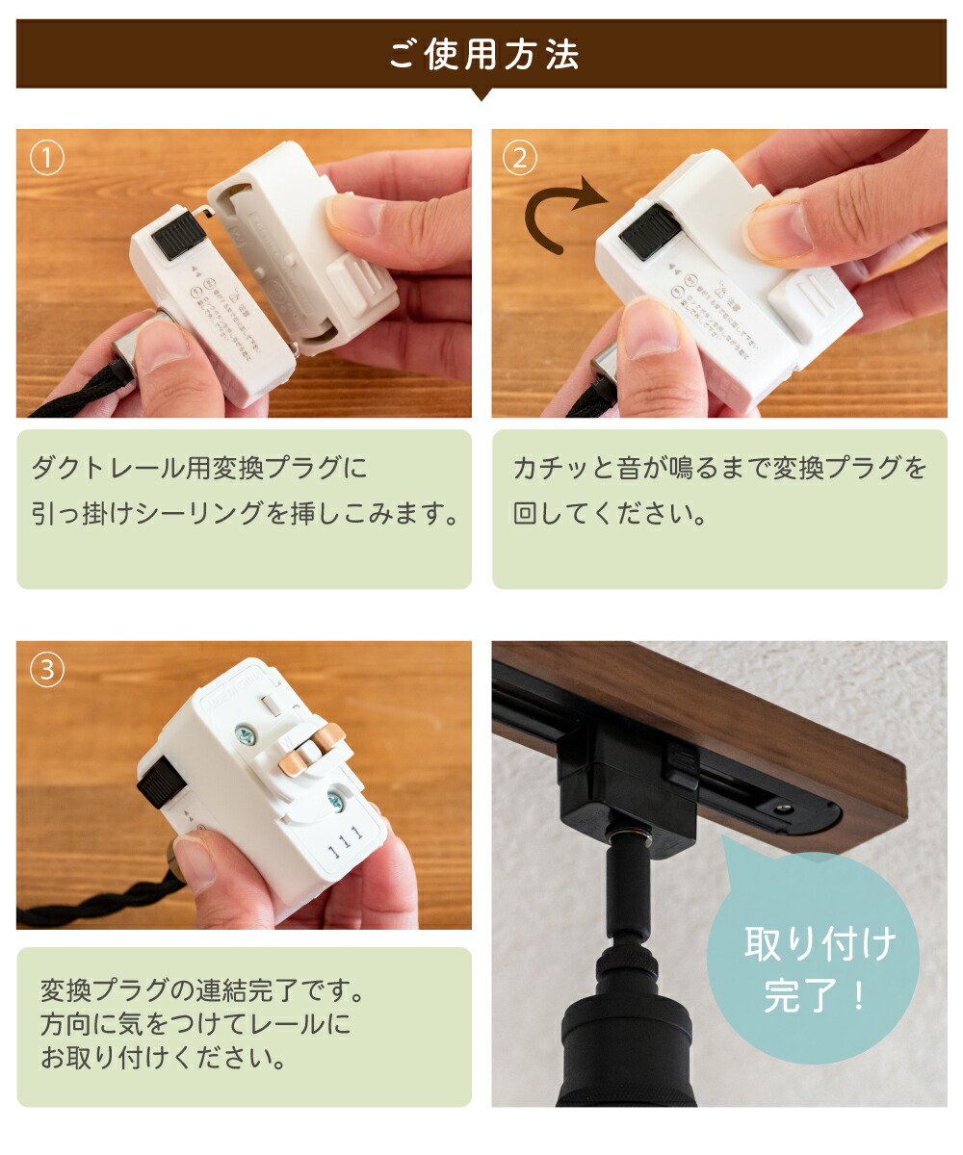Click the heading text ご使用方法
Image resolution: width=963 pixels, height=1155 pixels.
[x=482, y=55]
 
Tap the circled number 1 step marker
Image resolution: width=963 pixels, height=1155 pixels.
[x=46, y=158]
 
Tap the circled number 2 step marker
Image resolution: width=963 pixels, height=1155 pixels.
[x=520, y=158]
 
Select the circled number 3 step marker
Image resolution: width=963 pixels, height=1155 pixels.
[x=46, y=670]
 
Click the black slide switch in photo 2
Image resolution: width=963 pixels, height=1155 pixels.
[x=650, y=231]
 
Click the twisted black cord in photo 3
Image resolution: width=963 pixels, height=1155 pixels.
[x=96, y=905]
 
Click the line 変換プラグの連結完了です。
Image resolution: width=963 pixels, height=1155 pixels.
[x=203, y=990]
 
